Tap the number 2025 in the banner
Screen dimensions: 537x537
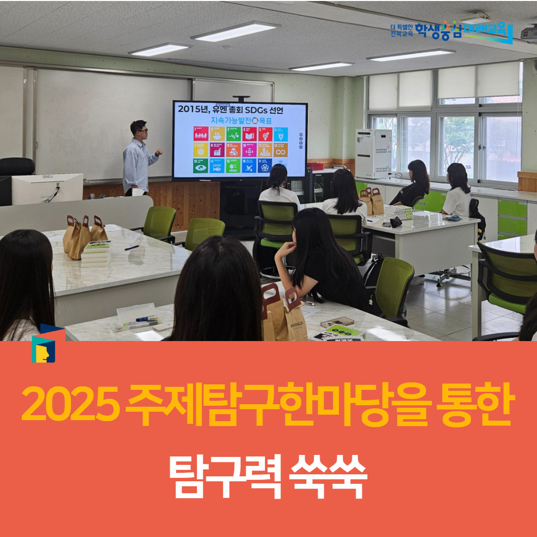click(x=71, y=405)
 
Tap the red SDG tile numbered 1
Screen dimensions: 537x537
click(x=200, y=134)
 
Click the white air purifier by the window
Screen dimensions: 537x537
click(x=373, y=153)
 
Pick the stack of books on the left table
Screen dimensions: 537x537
click(x=96, y=254)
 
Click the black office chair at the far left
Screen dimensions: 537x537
click(x=17, y=166)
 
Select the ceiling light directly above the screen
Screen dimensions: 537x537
click(x=235, y=31)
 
